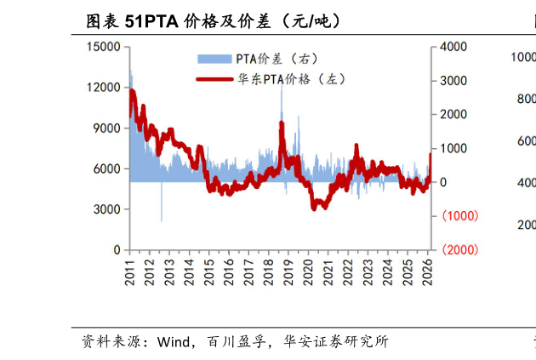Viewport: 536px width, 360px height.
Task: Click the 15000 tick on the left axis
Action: click(104, 47)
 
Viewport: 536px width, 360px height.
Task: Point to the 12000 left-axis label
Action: click(104, 88)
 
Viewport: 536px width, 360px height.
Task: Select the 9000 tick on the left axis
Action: click(107, 129)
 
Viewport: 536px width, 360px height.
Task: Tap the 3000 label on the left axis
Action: click(107, 209)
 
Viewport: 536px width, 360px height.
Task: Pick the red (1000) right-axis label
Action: click(459, 216)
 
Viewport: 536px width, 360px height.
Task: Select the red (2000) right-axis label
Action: click(459, 249)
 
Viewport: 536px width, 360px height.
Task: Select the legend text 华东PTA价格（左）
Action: click(291, 79)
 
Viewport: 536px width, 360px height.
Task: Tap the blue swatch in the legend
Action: click(214, 59)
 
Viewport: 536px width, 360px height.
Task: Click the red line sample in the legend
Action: click(214, 79)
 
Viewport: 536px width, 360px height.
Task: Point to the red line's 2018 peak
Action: click(282, 123)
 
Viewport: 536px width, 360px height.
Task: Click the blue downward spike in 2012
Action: click(162, 220)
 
